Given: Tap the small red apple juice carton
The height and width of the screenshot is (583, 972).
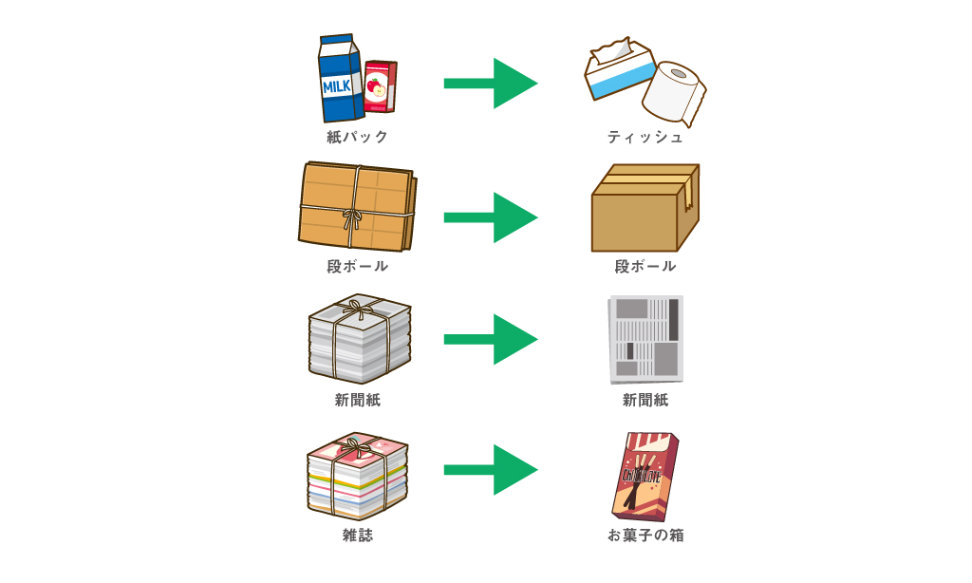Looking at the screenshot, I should pyautogui.click(x=380, y=87).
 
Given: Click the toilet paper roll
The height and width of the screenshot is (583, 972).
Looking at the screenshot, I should pyautogui.click(x=674, y=93).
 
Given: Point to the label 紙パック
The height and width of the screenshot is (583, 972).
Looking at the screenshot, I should pyautogui.click(x=357, y=137).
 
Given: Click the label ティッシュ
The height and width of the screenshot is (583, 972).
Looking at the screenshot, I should pyautogui.click(x=645, y=137).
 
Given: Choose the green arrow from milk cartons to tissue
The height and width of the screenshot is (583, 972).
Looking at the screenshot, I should pyautogui.click(x=490, y=84).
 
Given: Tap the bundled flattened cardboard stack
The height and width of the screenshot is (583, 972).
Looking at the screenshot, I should pyautogui.click(x=357, y=207).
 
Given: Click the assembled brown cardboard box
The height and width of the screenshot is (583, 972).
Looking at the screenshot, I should pyautogui.click(x=644, y=209).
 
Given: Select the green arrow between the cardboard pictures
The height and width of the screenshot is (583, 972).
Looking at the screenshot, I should pyautogui.click(x=490, y=217).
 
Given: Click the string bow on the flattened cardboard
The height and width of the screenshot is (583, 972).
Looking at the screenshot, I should pyautogui.click(x=352, y=217).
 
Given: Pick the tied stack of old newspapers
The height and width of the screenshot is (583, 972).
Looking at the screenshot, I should pyautogui.click(x=359, y=339).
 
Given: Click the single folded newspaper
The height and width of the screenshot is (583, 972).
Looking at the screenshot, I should pyautogui.click(x=645, y=339).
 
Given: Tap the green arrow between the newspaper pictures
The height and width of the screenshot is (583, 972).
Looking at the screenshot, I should pyautogui.click(x=490, y=339).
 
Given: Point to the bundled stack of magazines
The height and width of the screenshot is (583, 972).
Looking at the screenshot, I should pyautogui.click(x=357, y=475).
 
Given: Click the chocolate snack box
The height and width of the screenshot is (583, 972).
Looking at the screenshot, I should pyautogui.click(x=645, y=476).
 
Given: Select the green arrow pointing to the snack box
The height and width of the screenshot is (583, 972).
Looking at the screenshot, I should pyautogui.click(x=490, y=469).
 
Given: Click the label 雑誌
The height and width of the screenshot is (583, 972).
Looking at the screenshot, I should pyautogui.click(x=357, y=536).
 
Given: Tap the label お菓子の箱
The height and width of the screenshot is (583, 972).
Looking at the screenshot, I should pyautogui.click(x=645, y=536).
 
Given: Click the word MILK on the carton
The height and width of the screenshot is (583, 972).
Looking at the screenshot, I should pyautogui.click(x=337, y=86).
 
